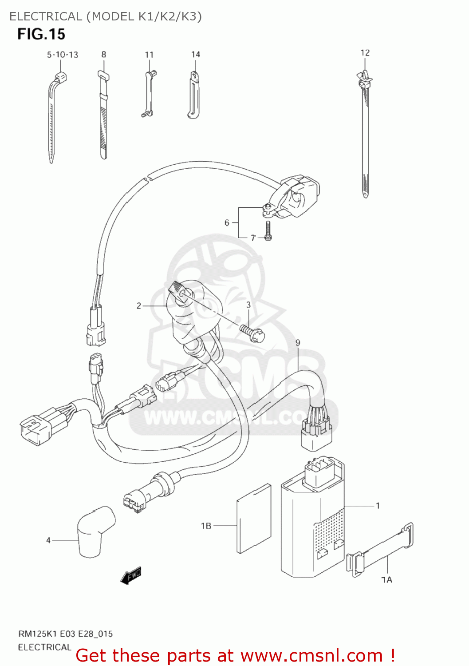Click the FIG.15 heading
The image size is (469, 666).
tap(41, 34)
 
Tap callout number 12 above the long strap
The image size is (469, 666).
tap(365, 53)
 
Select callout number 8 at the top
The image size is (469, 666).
tap(104, 55)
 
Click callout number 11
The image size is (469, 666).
tap(149, 55)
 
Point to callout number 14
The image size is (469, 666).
tap(196, 55)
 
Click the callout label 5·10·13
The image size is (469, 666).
tap(63, 55)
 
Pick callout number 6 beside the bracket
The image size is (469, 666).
tap(227, 222)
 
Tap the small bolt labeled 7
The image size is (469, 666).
tap(268, 231)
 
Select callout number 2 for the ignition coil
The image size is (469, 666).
tap(139, 305)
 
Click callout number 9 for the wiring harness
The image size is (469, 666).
tap(298, 343)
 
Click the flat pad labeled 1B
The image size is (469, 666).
tap(254, 519)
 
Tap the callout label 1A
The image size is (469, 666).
tap(386, 579)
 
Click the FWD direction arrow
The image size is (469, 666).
tap(131, 575)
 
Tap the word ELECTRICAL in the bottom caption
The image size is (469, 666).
tap(44, 647)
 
